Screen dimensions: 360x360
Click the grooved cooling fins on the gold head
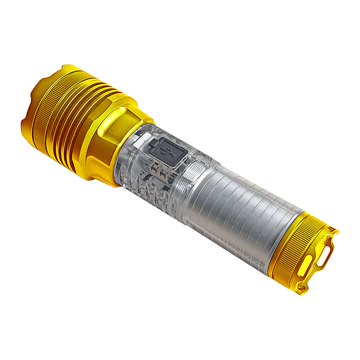coord(72,121)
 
